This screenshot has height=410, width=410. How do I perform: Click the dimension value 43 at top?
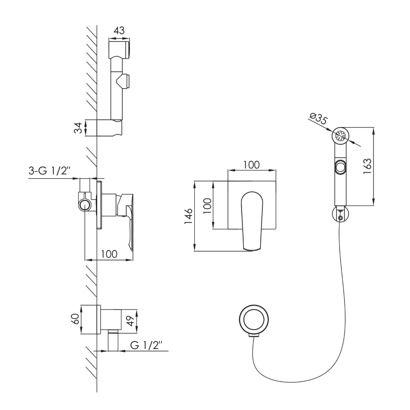click(x=119, y=31)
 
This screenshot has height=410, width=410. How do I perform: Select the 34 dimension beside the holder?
click(x=78, y=128)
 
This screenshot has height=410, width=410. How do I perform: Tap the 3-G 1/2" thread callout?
click(x=50, y=171)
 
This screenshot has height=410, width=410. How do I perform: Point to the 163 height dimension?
click(x=367, y=166)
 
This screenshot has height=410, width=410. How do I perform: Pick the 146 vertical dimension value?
click(x=188, y=216)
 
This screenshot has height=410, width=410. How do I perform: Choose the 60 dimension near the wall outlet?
click(x=75, y=319)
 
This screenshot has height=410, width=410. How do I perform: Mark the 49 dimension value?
click(x=130, y=321)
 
